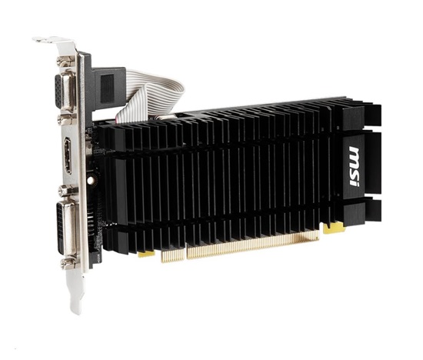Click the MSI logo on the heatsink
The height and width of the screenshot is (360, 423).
(354, 167)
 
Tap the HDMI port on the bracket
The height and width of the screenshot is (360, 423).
(68, 155)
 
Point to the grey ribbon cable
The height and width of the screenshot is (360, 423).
(151, 96)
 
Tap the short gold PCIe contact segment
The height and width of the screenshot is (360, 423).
(172, 255)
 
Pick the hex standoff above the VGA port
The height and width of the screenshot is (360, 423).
(65, 62)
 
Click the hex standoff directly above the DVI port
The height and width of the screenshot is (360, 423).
(68, 191)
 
